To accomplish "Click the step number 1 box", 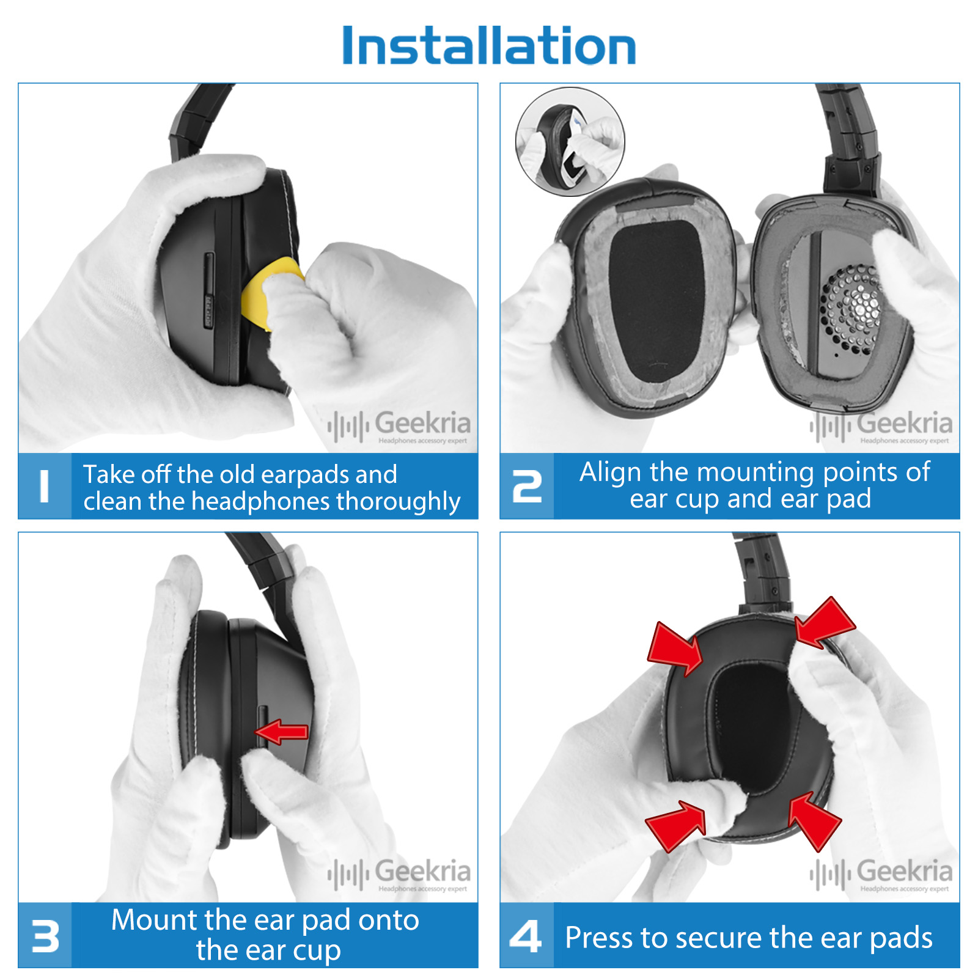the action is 45,486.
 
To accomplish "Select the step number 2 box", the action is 527,486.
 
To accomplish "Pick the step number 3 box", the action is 45,935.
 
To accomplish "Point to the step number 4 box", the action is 527,935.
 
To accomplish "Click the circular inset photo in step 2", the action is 570,141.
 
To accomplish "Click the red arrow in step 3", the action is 282,732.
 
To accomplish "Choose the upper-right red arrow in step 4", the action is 825,623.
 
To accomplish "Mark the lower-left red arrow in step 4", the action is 676,826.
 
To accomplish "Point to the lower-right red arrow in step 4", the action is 815,821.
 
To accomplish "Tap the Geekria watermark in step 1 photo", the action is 399,426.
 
